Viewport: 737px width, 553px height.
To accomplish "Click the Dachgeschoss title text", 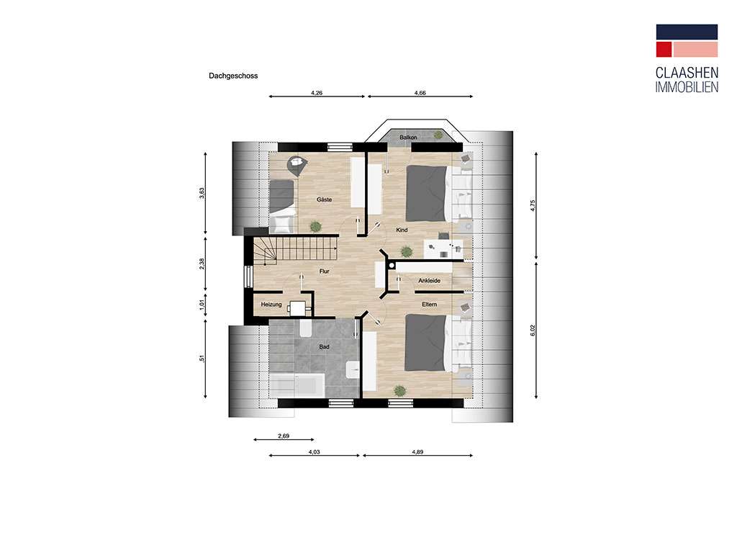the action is point(233,76).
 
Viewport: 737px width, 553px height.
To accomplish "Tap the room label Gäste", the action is point(325,199).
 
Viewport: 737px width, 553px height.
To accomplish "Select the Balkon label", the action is point(408,138).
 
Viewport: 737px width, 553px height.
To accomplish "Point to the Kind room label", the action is point(402,230).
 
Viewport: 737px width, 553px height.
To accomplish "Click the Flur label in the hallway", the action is point(325,271).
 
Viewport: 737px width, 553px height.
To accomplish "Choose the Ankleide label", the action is point(429,281).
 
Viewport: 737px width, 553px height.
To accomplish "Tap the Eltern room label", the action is point(429,305).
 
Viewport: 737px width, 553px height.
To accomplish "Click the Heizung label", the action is point(271,305).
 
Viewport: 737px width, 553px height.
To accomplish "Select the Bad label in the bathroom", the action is point(325,347).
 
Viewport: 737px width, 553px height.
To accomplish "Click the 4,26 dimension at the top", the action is point(317,93).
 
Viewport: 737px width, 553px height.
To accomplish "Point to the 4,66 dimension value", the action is point(420,93).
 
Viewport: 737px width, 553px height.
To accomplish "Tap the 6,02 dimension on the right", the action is point(533,331).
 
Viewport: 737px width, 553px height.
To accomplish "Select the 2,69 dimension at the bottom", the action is point(284,436).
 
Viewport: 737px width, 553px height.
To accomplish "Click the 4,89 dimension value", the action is point(417,452).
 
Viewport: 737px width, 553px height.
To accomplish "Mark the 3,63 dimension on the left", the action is point(202,194).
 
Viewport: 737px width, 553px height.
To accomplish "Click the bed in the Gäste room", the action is point(282,206).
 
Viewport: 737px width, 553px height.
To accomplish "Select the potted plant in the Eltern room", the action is point(399,390).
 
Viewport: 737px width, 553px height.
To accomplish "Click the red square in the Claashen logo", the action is point(664,50).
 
